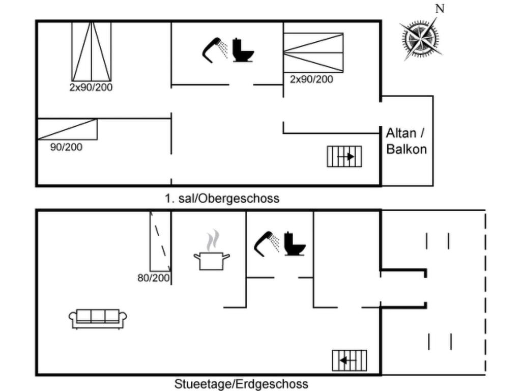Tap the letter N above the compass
tap(440, 9)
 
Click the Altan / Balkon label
tap(406, 141)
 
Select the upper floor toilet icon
tap(243, 50)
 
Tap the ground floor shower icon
tap(267, 243)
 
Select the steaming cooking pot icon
tap(212, 254)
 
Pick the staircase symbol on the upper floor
tap(344, 156)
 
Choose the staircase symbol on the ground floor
tap(349, 360)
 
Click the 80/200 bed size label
tap(154, 278)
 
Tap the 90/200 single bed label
tap(66, 147)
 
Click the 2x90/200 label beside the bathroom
tap(311, 79)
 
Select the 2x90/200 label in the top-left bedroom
tap(91, 87)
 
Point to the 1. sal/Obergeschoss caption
tap(222, 198)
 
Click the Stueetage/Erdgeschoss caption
tap(241, 383)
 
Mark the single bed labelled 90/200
tap(67, 129)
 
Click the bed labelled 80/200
tap(160, 241)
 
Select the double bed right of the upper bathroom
tap(313, 52)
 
